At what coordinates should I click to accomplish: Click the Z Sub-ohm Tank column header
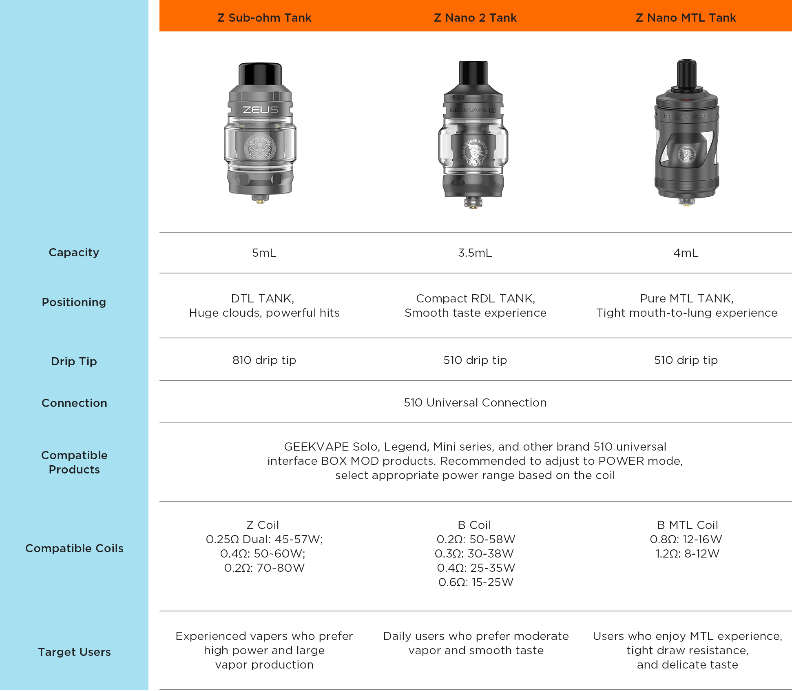(264, 18)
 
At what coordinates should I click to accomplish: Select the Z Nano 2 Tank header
(475, 18)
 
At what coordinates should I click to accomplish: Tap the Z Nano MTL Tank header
(686, 18)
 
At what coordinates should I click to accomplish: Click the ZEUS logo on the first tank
(261, 110)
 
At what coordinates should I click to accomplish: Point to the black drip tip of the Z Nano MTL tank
(686, 73)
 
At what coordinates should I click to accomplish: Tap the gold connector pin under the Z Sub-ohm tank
(260, 199)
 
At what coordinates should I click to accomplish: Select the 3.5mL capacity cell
(475, 253)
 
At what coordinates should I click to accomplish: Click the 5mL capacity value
(264, 253)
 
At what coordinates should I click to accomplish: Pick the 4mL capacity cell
(686, 253)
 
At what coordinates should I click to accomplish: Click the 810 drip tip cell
(264, 360)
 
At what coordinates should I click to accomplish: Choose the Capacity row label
(74, 253)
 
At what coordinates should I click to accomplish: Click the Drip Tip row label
(74, 361)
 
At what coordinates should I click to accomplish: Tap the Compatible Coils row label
(74, 548)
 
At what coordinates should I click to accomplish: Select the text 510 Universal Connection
(475, 402)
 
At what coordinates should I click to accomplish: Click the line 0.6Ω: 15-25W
(476, 582)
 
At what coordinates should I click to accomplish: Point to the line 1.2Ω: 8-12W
(687, 553)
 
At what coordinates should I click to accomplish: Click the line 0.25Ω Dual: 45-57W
(264, 539)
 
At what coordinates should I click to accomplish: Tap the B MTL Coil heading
(687, 525)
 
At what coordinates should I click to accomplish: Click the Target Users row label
(74, 652)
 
